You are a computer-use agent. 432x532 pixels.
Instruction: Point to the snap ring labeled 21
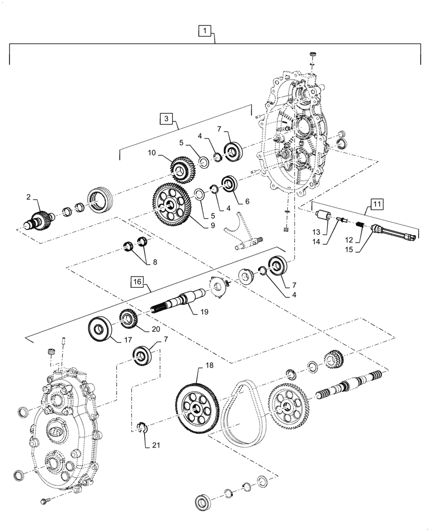click(141, 427)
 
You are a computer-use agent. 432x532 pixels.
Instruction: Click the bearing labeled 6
click(230, 184)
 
